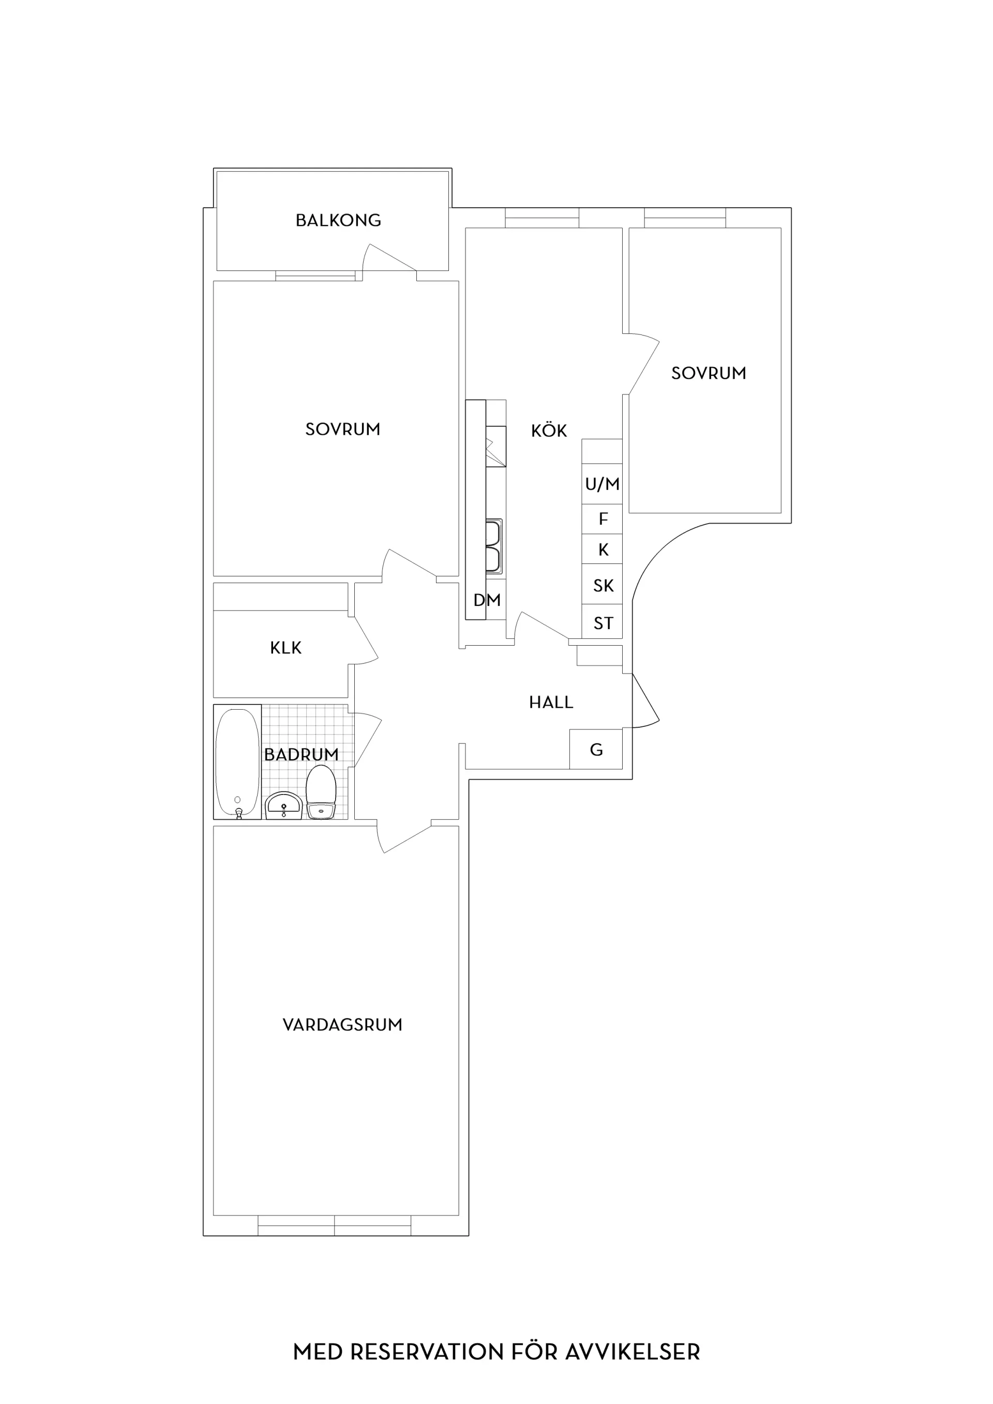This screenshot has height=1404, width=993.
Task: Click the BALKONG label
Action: tap(338, 220)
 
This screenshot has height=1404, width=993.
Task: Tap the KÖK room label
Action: tap(549, 430)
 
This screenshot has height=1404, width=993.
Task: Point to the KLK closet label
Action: tap(285, 648)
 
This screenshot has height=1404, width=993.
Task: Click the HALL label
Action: tap(551, 702)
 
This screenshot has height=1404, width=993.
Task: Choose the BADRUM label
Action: tap(301, 755)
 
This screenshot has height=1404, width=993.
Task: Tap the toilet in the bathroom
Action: tap(321, 791)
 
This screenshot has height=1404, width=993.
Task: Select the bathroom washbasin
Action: tap(283, 805)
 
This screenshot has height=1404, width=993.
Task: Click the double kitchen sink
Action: tap(493, 546)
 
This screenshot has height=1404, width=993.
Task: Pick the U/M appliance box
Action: tap(602, 484)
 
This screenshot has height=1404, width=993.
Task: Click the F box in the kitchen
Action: tap(602, 519)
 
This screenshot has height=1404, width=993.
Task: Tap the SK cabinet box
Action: tap(602, 585)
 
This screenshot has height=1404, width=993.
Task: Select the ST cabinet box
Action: tap(602, 622)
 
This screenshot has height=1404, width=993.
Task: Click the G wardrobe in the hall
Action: tap(596, 749)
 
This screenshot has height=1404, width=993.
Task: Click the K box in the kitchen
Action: tap(602, 549)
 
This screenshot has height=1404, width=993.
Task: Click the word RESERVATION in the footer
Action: tap(427, 1351)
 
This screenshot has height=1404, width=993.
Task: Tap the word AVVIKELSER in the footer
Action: tap(632, 1351)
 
